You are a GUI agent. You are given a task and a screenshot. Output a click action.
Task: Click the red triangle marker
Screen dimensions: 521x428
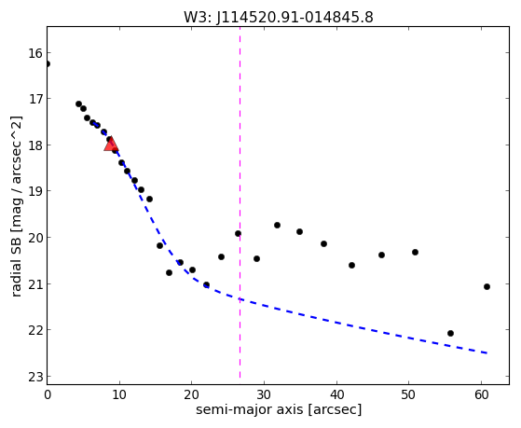111,144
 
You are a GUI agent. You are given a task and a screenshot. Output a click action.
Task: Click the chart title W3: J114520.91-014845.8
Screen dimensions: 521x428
279,18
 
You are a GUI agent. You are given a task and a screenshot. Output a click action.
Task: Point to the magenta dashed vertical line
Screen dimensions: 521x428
240,202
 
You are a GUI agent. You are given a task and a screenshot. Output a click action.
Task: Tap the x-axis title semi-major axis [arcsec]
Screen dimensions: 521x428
279,409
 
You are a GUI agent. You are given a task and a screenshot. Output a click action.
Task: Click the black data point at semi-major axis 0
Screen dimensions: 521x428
48,63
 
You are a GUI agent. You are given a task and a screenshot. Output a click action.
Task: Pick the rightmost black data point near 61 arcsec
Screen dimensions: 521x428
487,286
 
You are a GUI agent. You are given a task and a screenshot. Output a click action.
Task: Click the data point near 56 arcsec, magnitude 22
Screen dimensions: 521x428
450,333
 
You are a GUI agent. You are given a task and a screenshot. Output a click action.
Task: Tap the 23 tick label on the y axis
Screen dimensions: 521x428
36,377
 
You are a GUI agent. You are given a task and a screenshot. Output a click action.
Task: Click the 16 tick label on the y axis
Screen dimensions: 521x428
36,53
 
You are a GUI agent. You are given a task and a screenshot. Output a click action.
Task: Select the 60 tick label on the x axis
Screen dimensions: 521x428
482,394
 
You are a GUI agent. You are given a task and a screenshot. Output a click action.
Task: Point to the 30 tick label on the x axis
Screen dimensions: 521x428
264,394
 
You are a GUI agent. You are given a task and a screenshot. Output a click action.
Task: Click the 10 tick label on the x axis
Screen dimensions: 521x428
119,394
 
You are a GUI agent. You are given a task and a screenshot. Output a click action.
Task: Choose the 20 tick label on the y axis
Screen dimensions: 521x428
36,238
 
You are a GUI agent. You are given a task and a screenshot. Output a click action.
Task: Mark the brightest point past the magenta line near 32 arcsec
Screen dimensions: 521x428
277,225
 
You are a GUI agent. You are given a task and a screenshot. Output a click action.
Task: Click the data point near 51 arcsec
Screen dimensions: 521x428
415,252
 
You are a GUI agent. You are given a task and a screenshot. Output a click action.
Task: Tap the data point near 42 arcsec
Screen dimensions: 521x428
351,265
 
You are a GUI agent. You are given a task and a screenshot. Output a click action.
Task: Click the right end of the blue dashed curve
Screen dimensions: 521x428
487,352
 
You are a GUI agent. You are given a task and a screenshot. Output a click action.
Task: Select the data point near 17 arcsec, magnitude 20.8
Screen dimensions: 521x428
169,272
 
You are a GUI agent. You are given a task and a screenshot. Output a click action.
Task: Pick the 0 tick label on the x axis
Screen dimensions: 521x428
48,394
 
